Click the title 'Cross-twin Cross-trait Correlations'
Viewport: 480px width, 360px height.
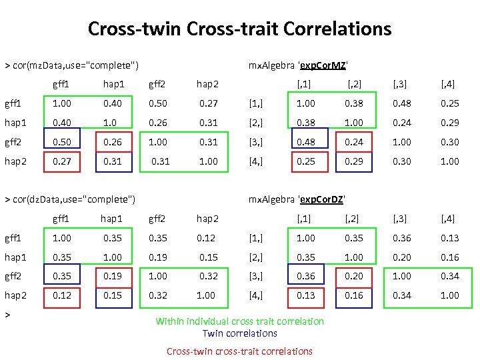pyautogui.click(x=239, y=29)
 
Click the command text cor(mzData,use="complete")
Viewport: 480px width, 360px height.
pyautogui.click(x=72, y=65)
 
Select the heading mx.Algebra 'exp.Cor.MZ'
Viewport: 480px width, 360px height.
pyautogui.click(x=297, y=65)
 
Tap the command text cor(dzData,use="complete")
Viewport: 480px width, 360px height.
pyautogui.click(x=70, y=199)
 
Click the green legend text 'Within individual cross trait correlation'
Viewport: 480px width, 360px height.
pyautogui.click(x=239, y=321)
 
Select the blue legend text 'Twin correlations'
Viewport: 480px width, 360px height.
pyautogui.click(x=239, y=333)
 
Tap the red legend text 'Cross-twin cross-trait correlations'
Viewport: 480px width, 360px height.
pyautogui.click(x=239, y=351)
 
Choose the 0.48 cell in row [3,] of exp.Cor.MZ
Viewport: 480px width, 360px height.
pyautogui.click(x=306, y=142)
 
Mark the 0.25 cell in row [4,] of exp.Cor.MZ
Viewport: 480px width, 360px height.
pyautogui.click(x=306, y=161)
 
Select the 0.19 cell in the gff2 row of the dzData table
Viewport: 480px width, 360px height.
pyautogui.click(x=112, y=276)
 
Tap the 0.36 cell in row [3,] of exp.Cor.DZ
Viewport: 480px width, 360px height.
pyautogui.click(x=306, y=276)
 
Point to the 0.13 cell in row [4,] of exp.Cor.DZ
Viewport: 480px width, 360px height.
pyautogui.click(x=306, y=295)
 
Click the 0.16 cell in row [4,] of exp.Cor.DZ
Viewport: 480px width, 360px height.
pyautogui.click(x=354, y=295)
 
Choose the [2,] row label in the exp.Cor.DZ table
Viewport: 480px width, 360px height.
pyautogui.click(x=255, y=257)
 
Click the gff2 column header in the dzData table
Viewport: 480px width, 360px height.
pyautogui.click(x=157, y=218)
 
